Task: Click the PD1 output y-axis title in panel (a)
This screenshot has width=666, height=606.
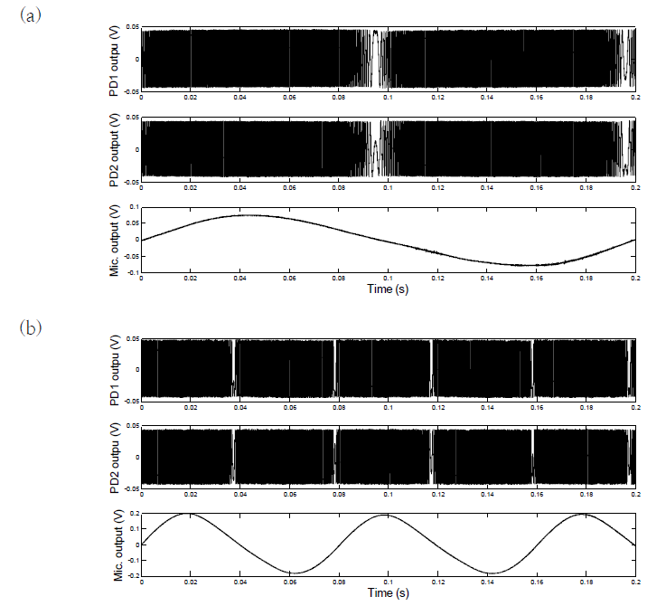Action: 115,61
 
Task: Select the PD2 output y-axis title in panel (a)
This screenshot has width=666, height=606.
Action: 115,150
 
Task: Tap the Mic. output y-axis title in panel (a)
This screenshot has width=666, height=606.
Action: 115,240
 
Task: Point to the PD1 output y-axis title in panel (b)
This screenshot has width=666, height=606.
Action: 115,369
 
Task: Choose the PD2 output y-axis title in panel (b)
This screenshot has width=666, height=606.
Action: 115,458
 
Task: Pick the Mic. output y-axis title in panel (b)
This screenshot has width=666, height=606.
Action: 115,545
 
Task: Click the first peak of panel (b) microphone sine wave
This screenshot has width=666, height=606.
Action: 189,514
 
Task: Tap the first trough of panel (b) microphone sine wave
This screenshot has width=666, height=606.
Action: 290,573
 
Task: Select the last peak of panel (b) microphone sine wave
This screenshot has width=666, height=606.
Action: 584,514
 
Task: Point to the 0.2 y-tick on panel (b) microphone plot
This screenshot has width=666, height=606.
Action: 134,513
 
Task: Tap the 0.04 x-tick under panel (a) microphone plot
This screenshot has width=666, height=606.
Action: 240,277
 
